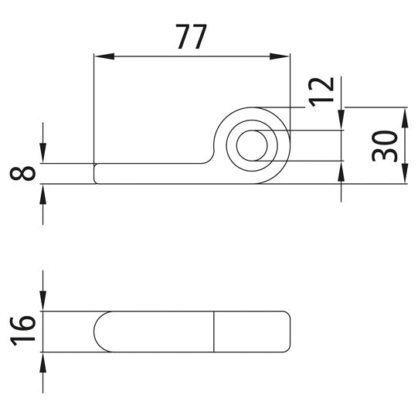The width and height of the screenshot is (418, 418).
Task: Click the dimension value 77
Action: pyautogui.click(x=191, y=36)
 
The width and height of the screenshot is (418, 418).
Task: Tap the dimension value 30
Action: pyautogui.click(x=386, y=145)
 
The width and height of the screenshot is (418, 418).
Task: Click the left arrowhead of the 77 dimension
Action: pyautogui.click(x=100, y=56)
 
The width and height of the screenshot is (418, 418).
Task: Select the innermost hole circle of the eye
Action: pyautogui.click(x=252, y=145)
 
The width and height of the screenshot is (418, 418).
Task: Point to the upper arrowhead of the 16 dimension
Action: pyautogui.click(x=42, y=304)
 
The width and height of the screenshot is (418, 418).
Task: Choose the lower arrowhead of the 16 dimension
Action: pyautogui.click(x=42, y=359)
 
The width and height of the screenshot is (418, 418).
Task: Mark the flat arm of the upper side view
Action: pyautogui.click(x=147, y=173)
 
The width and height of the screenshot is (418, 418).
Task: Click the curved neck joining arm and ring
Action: pyautogui.click(x=210, y=155)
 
